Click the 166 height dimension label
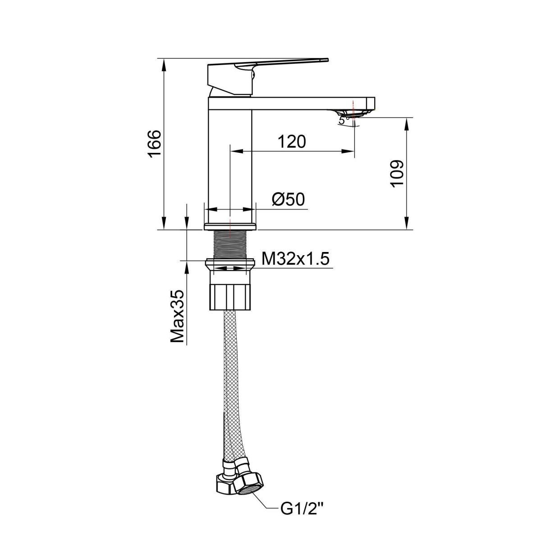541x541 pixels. coord(155,144)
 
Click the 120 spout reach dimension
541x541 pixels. coord(292,142)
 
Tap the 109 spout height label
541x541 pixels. coord(396,174)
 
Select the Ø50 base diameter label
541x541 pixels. coord(289,200)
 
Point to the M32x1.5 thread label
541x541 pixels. coord(295,259)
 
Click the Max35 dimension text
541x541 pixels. coord(177,316)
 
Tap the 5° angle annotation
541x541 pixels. coord(344,120)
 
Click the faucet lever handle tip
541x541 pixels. coord(327,60)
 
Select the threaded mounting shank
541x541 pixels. coord(230,244)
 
